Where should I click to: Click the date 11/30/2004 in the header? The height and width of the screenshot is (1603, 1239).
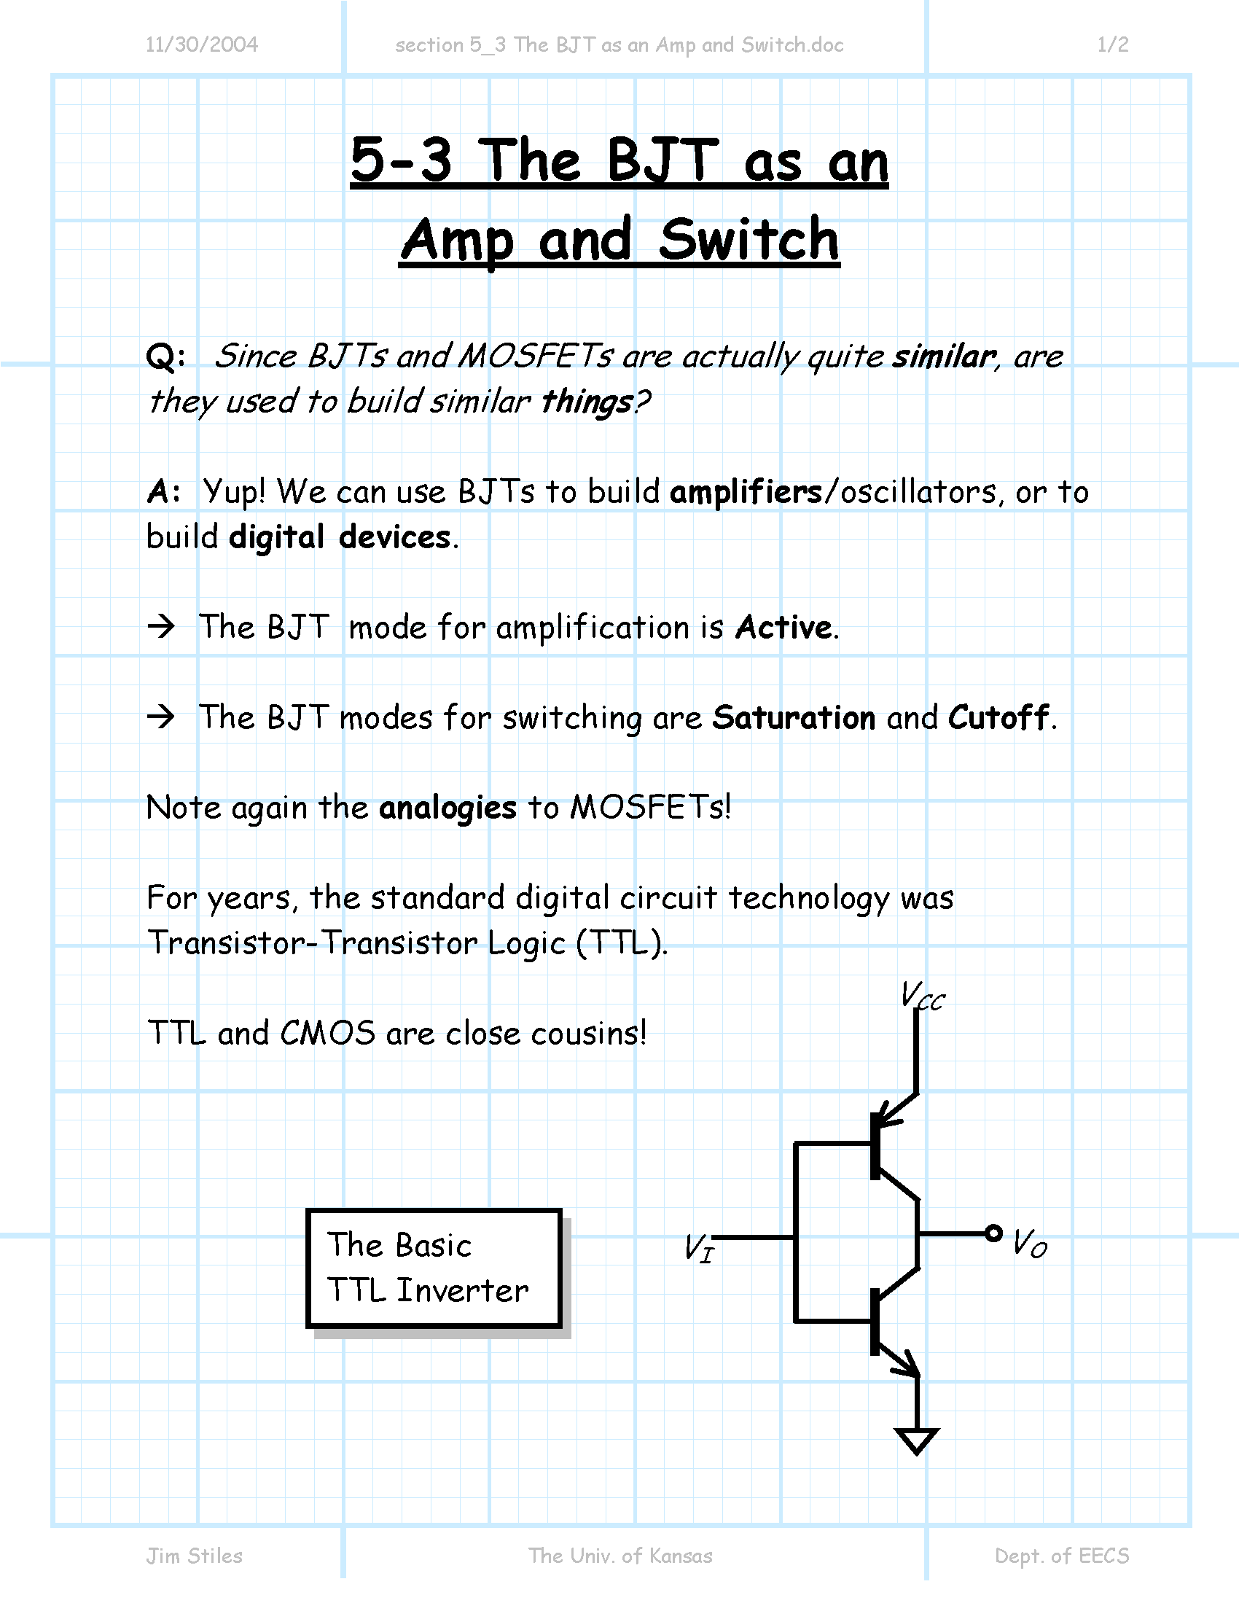click(x=202, y=44)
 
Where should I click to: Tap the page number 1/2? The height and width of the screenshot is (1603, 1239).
click(x=1113, y=44)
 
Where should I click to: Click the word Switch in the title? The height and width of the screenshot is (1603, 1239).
click(x=749, y=239)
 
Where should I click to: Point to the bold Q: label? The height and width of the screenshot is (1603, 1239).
click(x=166, y=356)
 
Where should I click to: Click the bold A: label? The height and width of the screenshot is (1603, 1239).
click(x=164, y=492)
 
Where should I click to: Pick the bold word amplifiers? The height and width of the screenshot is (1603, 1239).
click(x=746, y=491)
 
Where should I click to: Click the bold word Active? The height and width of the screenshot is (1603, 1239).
click(x=784, y=627)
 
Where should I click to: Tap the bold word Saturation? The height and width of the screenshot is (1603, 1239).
click(x=794, y=717)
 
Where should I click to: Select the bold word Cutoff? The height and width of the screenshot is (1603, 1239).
click(x=998, y=717)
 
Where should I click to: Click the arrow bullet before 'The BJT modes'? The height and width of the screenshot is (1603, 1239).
click(x=161, y=717)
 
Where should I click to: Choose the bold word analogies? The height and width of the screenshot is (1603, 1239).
click(x=447, y=808)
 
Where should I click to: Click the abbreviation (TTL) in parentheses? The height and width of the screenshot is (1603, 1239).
click(x=622, y=943)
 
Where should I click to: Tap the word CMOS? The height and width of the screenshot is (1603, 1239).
click(x=327, y=1033)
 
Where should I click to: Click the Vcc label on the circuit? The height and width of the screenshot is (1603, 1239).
click(x=923, y=996)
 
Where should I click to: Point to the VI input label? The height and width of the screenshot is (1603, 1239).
click(x=698, y=1247)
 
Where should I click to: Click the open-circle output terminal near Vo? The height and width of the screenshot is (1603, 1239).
click(x=993, y=1233)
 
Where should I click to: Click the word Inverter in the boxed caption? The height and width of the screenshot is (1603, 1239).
click(x=462, y=1290)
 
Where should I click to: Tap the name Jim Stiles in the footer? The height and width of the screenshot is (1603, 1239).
click(x=195, y=1556)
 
